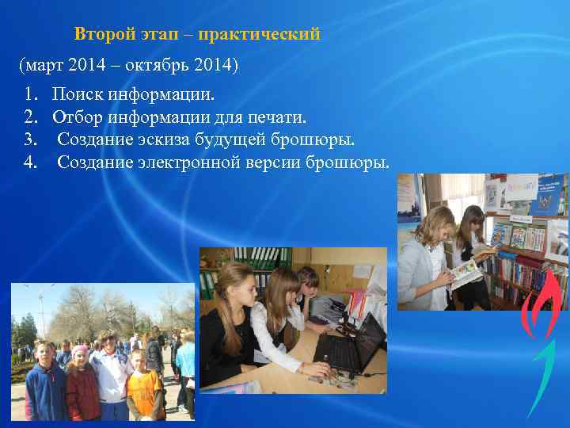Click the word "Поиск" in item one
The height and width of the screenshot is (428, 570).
76,95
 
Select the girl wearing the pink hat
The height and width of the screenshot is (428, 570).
82,380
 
